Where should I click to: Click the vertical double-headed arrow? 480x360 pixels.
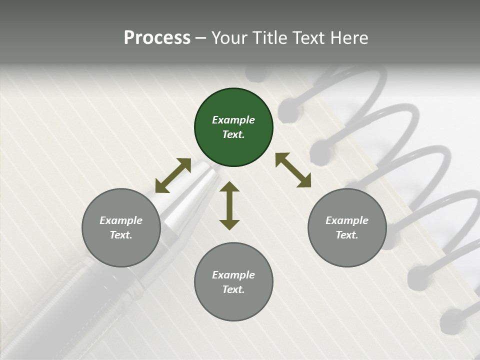click(x=229, y=206)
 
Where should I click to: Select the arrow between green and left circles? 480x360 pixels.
click(x=173, y=175)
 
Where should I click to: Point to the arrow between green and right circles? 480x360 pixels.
click(x=293, y=170)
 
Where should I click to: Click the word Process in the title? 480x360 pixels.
click(x=157, y=38)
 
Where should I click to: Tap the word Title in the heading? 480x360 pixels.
click(x=271, y=38)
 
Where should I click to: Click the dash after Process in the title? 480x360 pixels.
click(x=200, y=38)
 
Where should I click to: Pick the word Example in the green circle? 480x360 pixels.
click(x=233, y=120)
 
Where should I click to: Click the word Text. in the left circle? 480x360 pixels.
click(x=121, y=235)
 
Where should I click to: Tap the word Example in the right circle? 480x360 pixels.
click(x=347, y=220)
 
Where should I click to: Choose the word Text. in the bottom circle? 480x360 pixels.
click(x=233, y=289)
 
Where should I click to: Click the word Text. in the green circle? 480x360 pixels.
click(x=233, y=134)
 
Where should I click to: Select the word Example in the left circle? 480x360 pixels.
click(x=121, y=220)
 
